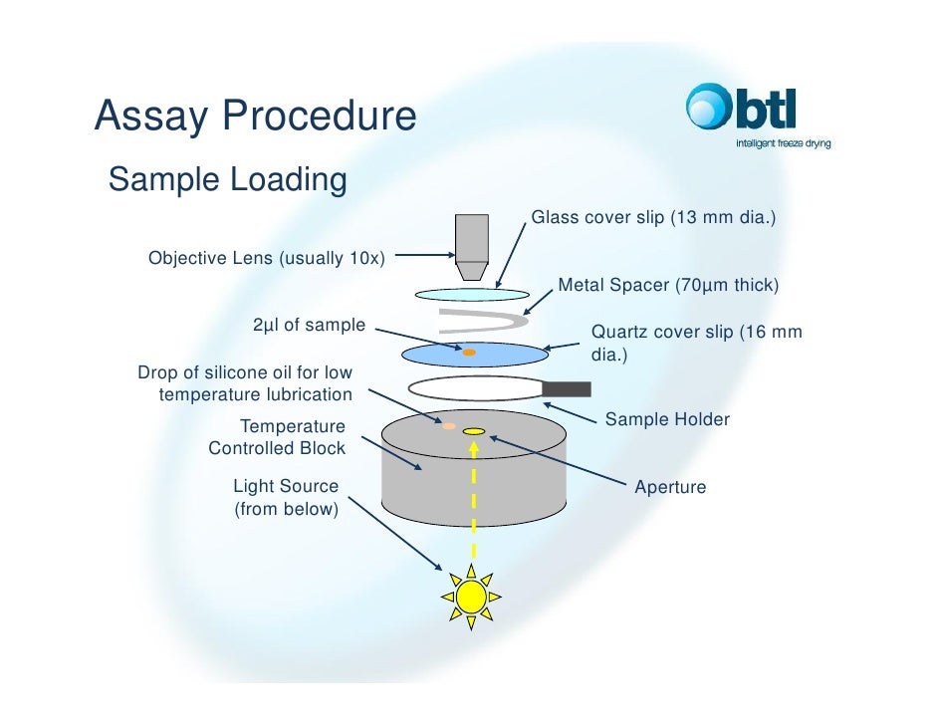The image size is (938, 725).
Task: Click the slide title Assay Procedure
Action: click(x=255, y=117)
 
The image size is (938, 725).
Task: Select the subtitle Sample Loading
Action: click(x=227, y=180)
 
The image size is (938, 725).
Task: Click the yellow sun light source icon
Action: click(x=471, y=597)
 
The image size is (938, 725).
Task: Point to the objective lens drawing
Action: click(x=472, y=247)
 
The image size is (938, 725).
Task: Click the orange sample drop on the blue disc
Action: click(x=469, y=352)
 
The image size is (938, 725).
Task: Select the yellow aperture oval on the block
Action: click(x=474, y=431)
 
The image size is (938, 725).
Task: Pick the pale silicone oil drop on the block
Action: click(x=449, y=425)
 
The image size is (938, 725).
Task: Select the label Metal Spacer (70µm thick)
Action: click(x=667, y=286)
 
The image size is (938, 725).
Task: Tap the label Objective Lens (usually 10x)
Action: click(x=266, y=258)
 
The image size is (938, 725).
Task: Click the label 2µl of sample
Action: click(x=309, y=326)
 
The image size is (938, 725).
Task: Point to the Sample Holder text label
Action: click(x=667, y=419)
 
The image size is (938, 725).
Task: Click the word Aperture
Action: click(x=670, y=487)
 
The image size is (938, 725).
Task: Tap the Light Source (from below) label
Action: click(x=286, y=498)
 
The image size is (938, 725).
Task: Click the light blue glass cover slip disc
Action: click(x=472, y=294)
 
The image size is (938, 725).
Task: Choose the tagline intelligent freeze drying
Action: click(x=783, y=143)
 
